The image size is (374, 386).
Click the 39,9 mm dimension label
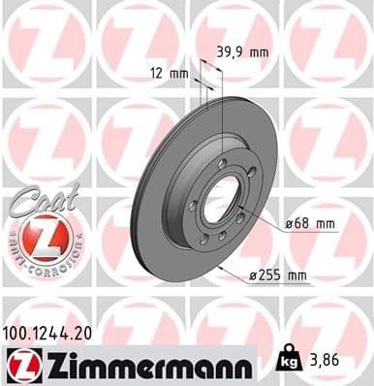point(240,52)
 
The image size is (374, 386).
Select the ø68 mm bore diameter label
point(311,225)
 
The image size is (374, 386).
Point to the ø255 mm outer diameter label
point(278,276)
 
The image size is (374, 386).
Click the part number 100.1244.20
point(50,332)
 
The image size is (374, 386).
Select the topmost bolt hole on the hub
point(223,163)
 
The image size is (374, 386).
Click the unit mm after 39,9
point(257,52)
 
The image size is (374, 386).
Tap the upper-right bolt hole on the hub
point(248,178)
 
